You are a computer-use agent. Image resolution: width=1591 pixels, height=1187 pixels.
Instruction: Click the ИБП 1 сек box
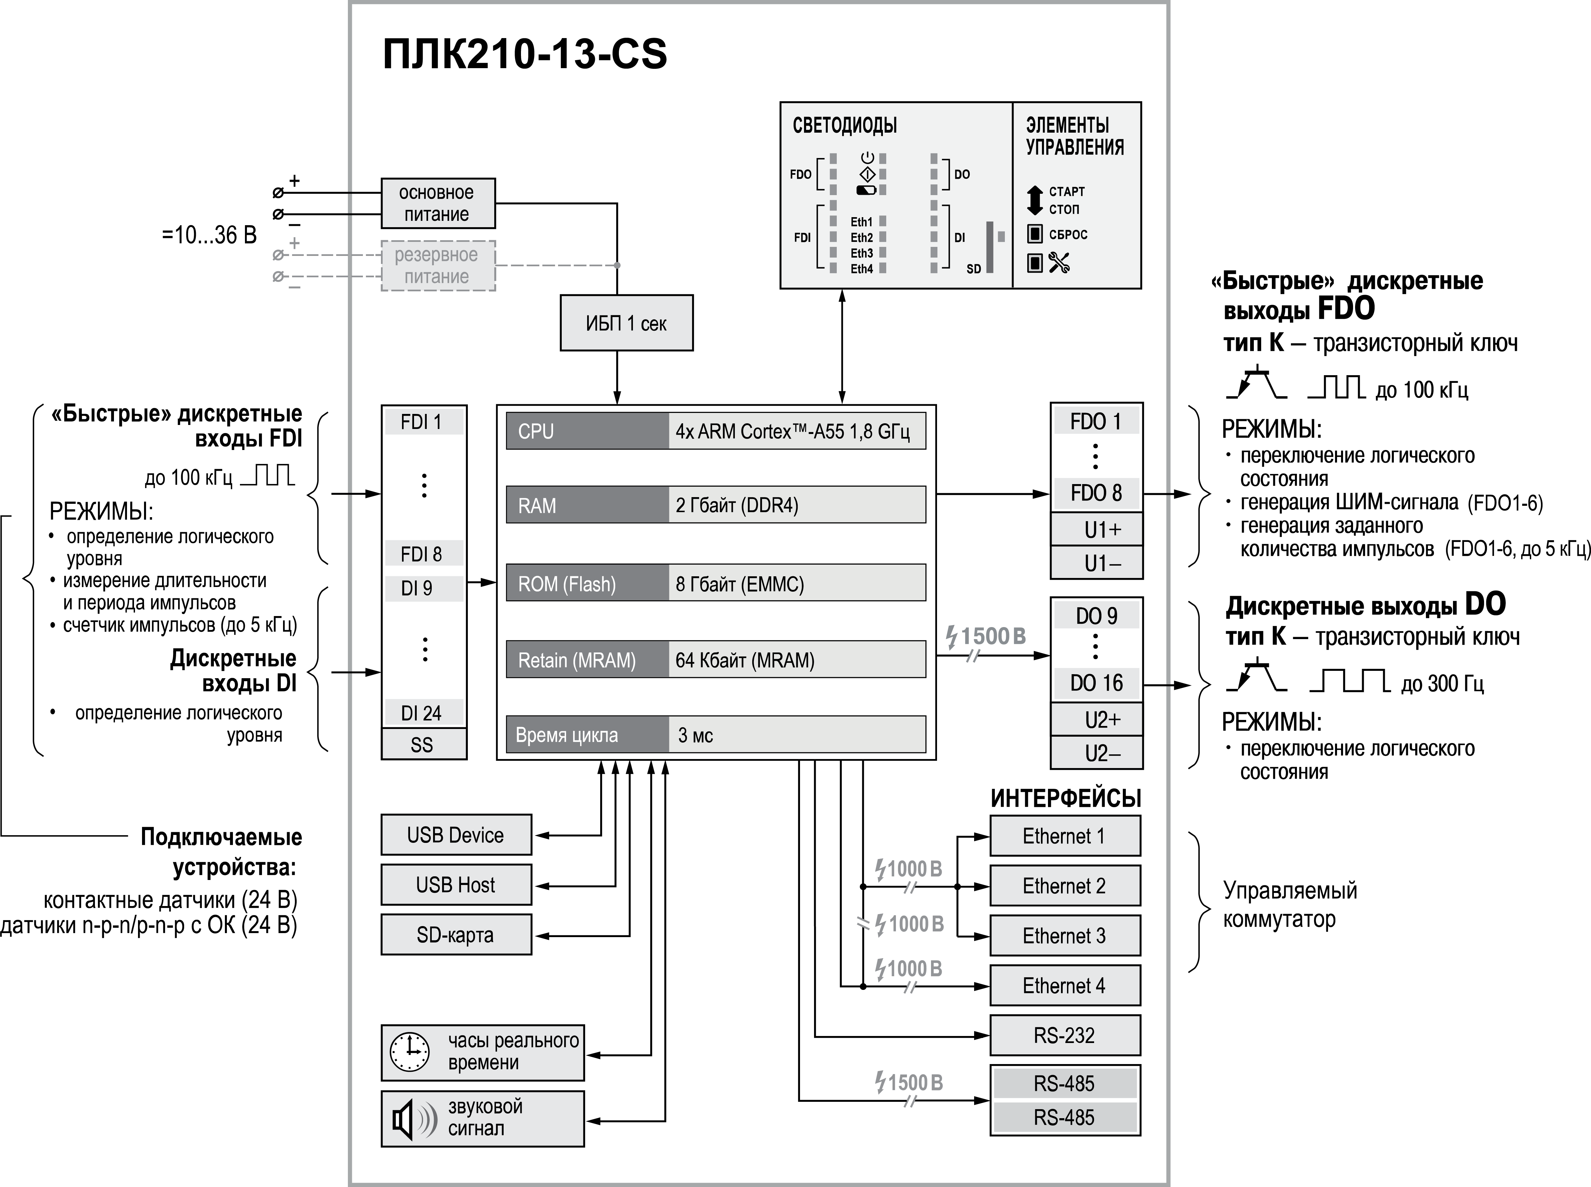pos(626,323)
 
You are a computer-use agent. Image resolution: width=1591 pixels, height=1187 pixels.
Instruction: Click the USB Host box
pos(455,885)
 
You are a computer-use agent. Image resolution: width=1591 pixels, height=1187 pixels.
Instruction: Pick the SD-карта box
pos(455,935)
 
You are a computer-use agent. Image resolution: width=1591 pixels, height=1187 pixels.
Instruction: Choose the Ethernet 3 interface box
pos(1064,935)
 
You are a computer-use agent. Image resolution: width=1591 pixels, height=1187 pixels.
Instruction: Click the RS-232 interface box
pos(1064,1035)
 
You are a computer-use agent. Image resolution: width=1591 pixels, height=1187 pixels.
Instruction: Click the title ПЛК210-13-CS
pos(525,54)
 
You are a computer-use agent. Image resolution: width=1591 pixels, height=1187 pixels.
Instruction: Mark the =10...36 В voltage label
pos(209,235)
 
